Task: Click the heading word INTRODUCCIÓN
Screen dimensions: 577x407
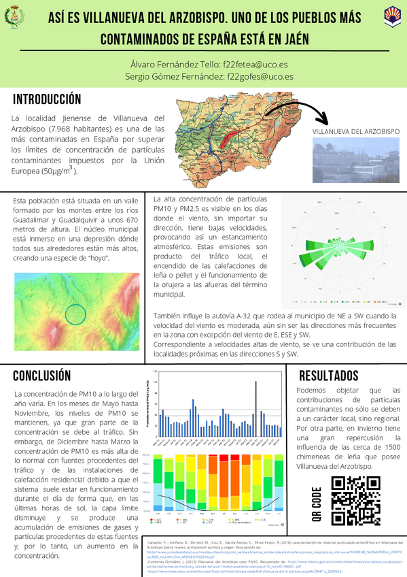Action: (x=47, y=100)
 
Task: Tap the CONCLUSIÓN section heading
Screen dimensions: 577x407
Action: (x=41, y=376)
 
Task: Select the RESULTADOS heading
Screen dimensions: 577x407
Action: (x=328, y=376)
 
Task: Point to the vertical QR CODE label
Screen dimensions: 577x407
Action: (x=317, y=504)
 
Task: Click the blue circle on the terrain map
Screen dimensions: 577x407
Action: (x=76, y=314)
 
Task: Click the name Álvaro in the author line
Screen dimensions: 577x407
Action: (x=144, y=63)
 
